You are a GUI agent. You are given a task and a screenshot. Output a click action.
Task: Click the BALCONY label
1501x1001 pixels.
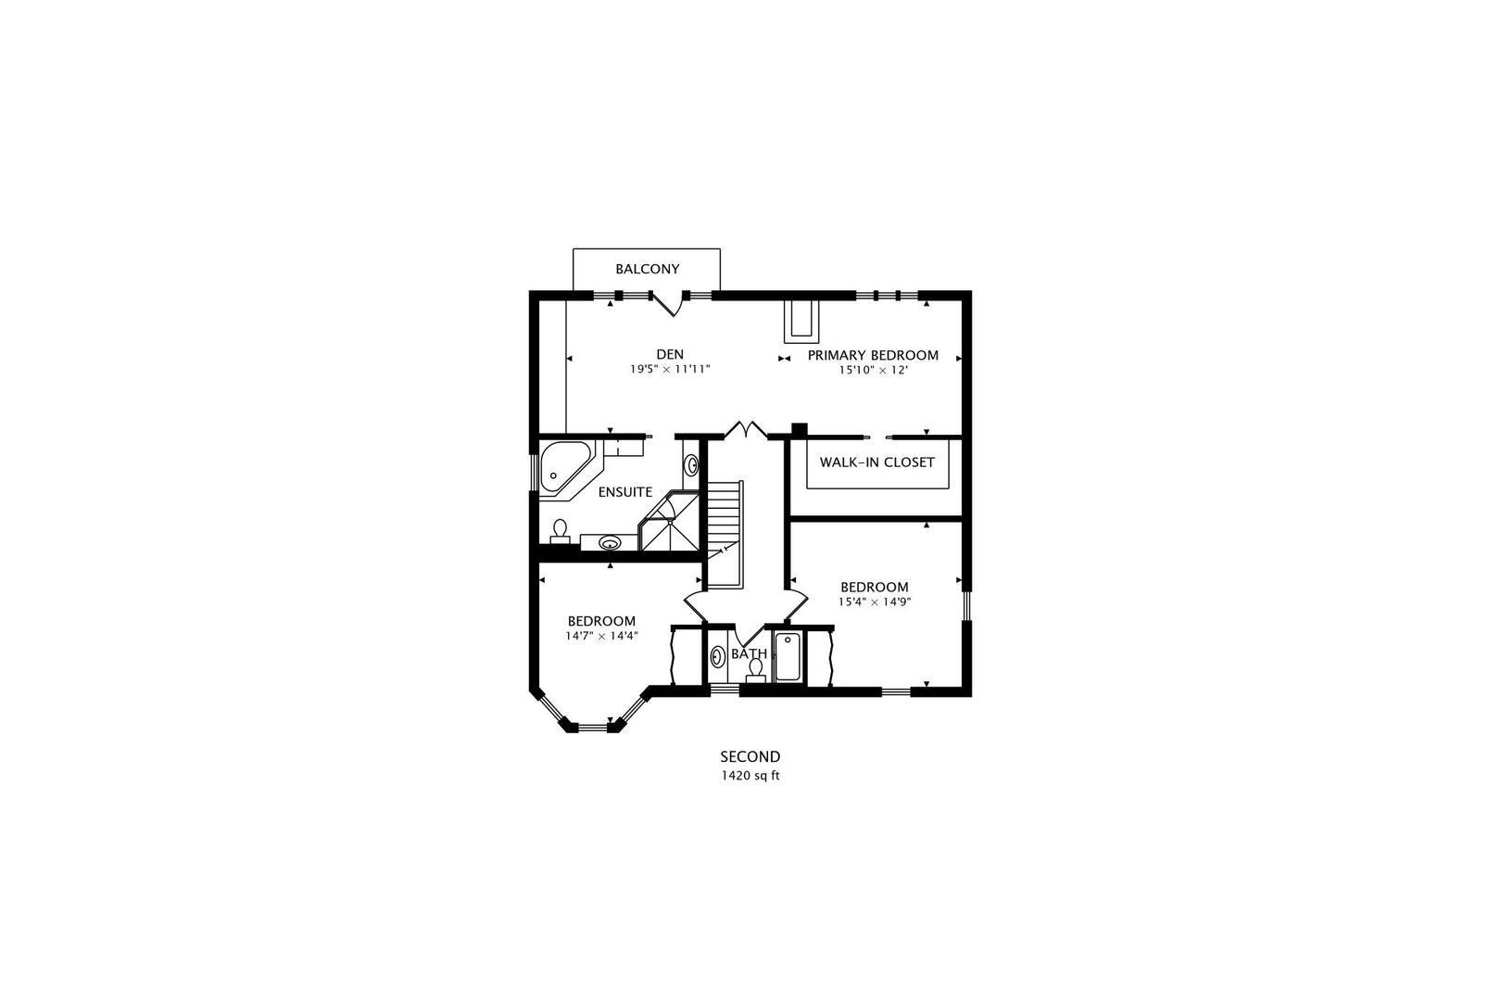647,270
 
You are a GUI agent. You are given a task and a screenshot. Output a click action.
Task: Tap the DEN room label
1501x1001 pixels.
670,354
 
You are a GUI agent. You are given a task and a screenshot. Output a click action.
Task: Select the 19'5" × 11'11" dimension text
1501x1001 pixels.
670,369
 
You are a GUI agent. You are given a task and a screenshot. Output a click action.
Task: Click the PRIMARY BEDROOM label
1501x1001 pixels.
873,355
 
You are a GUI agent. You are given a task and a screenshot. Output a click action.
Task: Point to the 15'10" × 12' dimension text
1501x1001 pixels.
873,370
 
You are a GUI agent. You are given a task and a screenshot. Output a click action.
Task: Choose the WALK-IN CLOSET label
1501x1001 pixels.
877,462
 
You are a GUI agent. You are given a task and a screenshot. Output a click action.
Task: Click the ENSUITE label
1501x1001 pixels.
624,492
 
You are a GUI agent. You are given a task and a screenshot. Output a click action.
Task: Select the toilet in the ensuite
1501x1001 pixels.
560,530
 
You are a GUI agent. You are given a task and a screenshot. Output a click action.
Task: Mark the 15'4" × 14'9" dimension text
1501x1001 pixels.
874,602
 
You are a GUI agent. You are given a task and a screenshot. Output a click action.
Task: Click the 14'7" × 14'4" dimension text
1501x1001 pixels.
601,636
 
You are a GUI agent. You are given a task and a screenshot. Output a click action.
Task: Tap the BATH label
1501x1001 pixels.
749,653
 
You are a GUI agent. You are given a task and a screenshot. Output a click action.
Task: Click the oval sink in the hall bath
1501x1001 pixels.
717,657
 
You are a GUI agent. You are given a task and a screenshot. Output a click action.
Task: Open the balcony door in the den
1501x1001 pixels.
669,303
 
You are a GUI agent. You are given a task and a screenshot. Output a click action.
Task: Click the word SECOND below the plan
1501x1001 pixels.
750,757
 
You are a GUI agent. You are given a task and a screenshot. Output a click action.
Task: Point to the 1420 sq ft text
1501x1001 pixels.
750,776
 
